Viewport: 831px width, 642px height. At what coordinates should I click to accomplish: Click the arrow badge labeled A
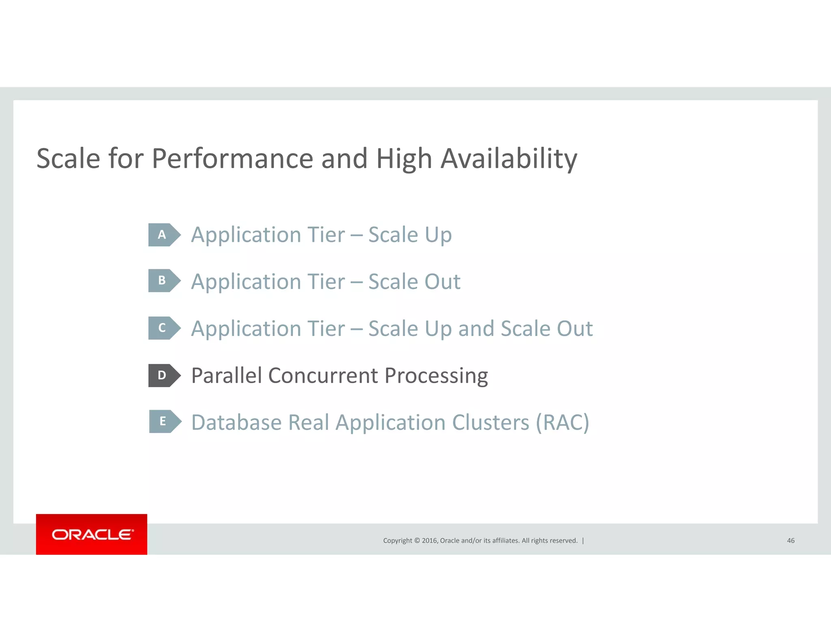tap(164, 235)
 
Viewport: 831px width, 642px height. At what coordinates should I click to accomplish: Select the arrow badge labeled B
tap(164, 280)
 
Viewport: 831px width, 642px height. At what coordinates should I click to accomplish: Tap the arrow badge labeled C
tap(164, 328)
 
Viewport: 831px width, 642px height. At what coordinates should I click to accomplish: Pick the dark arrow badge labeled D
tap(164, 375)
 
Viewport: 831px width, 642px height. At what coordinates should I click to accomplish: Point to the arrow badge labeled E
tap(165, 421)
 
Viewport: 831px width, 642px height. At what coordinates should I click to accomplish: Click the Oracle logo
tap(92, 534)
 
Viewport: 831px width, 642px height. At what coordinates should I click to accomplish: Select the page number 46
tap(790, 541)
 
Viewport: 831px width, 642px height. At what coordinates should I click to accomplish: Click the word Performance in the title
tap(232, 159)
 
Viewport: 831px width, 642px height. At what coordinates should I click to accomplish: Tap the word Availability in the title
tap(509, 159)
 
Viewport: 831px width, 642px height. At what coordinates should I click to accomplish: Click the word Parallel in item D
tap(226, 375)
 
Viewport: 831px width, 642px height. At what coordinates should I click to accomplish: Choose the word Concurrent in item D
tap(323, 375)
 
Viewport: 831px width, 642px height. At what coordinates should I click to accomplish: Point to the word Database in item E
tap(236, 422)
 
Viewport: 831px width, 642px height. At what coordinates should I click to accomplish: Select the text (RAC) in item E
tap(562, 422)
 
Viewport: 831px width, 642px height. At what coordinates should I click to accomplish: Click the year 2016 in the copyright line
tap(429, 541)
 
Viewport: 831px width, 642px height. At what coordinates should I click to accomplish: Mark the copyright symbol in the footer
tap(416, 541)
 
